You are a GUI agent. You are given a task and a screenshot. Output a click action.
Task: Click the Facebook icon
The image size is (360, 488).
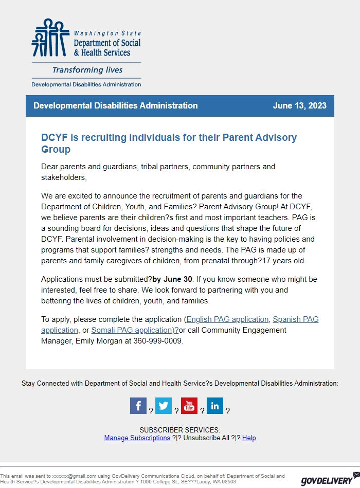point(138,406)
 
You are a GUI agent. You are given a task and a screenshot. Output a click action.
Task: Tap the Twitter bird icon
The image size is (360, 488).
point(164,406)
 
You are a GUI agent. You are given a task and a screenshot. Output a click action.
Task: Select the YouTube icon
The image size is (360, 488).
point(189,406)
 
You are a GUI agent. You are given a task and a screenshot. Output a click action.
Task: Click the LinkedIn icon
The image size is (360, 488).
point(215,406)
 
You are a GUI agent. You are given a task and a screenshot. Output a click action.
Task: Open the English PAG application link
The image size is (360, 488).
point(227,319)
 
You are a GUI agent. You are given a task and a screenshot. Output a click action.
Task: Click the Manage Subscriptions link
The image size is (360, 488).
point(137,438)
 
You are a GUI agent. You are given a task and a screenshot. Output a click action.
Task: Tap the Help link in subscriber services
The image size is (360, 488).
point(249,438)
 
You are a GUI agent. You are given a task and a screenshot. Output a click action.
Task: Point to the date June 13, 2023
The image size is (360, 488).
point(299,106)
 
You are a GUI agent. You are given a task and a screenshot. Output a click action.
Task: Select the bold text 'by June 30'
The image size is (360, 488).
point(172,279)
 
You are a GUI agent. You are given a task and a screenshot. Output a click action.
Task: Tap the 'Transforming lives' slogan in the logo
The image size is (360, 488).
point(87,70)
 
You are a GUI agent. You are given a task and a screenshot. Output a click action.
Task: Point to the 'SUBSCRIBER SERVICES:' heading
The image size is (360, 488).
point(179,430)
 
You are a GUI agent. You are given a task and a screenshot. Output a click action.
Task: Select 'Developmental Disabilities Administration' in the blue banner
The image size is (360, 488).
point(115,106)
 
